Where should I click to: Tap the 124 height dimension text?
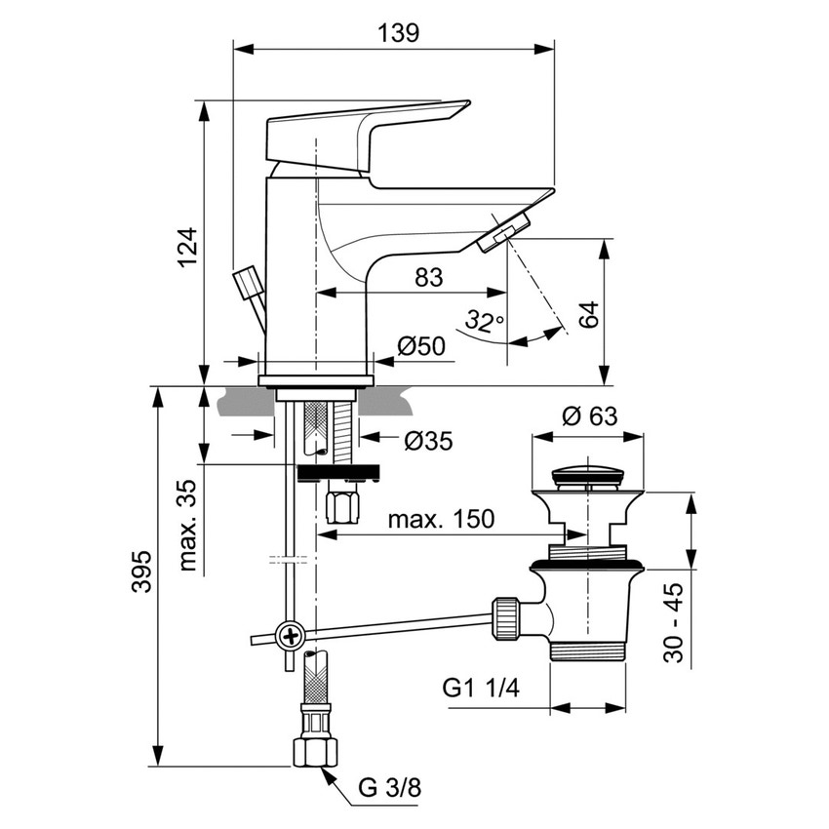point(187,248)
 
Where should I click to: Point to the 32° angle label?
point(484,319)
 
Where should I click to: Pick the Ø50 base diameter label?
point(422,346)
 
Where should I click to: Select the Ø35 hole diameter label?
point(428,441)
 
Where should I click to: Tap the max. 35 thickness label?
point(188,524)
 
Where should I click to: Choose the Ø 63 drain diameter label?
point(589,415)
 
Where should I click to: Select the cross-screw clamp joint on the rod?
point(291,637)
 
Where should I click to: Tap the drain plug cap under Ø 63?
point(587,478)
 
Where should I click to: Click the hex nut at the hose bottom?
point(314,750)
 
